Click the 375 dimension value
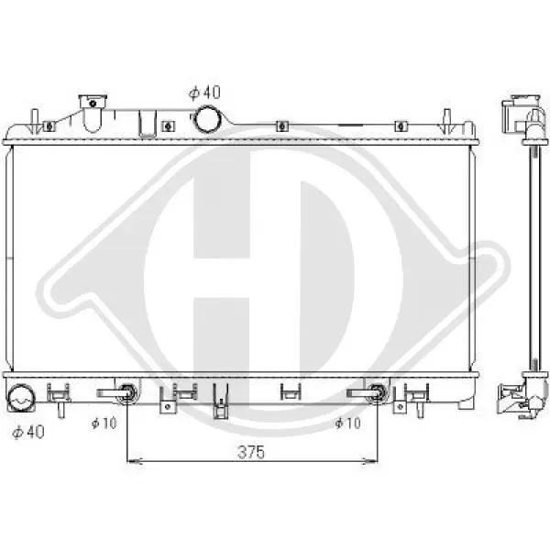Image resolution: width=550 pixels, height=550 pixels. tap(251, 452)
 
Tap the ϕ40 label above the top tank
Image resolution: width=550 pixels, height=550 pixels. tap(204, 93)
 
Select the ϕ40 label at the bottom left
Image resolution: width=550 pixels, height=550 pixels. tap(28, 432)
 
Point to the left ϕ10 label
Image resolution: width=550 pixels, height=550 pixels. tap(104, 423)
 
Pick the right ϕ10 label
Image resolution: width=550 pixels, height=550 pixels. tap(347, 423)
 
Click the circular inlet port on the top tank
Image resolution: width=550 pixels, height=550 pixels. tap(207, 119)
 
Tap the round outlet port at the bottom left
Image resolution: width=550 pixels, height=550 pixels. tap(21, 398)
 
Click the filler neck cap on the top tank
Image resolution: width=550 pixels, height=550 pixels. tap(93, 102)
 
